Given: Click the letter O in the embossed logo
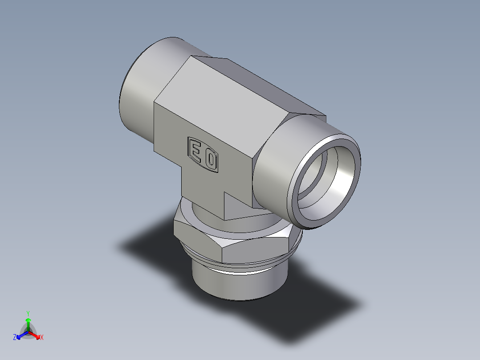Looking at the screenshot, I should [210, 159].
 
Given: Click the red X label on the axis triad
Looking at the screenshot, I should [42, 338].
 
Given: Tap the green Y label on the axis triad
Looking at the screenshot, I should [28, 313].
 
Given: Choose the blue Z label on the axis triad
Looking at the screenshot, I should [15, 338].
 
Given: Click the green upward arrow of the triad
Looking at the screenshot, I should [28, 322].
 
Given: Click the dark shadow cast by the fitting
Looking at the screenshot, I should [312, 312].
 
